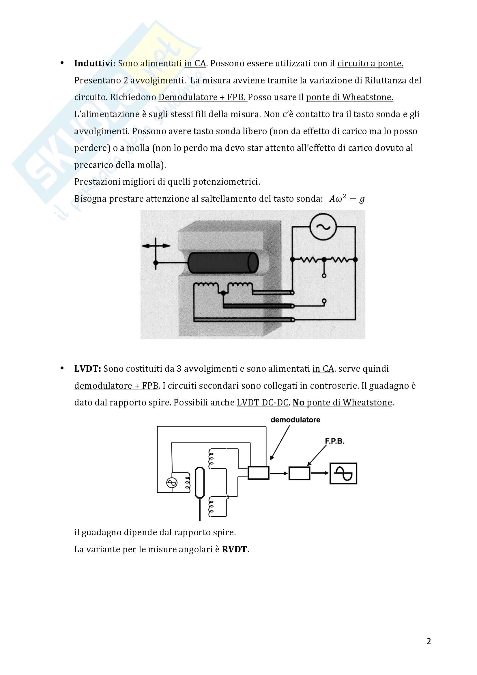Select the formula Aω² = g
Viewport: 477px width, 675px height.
pos(347,199)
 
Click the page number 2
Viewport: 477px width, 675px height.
pos(429,641)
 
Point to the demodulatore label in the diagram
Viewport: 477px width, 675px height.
pos(295,420)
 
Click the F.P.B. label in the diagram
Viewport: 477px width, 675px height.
pos(334,441)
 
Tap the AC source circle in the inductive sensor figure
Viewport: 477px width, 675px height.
pos(323,227)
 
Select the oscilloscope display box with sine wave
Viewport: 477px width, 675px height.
pos(343,473)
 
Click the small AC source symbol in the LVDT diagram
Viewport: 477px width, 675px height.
pos(172,483)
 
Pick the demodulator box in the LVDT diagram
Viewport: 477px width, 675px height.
pos(258,473)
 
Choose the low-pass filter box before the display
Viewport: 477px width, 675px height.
pos(299,473)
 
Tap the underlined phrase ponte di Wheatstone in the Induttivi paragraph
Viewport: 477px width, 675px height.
pos(349,97)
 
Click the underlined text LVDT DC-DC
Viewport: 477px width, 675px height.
pos(263,403)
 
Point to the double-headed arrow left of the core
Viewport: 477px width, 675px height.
pos(156,246)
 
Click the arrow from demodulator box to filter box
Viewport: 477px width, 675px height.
pos(279,473)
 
